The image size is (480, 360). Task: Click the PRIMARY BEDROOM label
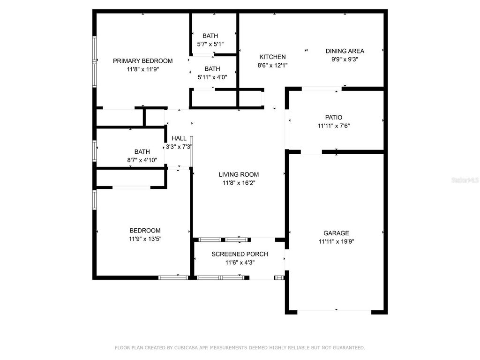(142, 61)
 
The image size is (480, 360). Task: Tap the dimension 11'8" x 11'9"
(142, 69)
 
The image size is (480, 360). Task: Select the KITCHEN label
(272, 57)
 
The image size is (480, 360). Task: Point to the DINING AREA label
(345, 51)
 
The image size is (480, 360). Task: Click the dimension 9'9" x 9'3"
(345, 60)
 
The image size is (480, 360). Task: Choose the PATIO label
(333, 118)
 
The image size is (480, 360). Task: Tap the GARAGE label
(336, 233)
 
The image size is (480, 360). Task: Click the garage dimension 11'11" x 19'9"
(336, 242)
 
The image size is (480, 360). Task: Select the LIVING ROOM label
(239, 175)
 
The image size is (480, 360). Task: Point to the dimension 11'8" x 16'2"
(239, 183)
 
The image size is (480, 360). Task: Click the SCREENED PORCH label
(240, 255)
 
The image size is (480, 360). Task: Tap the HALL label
(179, 139)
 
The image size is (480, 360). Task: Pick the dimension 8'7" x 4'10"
(142, 160)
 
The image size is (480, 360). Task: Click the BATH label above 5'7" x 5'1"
(210, 36)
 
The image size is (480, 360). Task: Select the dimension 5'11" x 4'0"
(212, 77)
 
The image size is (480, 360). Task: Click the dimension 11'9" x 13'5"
(145, 239)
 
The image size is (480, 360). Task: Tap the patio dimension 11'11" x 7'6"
(333, 126)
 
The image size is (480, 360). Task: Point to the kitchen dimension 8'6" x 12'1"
(272, 66)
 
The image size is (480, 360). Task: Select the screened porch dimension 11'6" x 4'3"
(240, 263)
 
